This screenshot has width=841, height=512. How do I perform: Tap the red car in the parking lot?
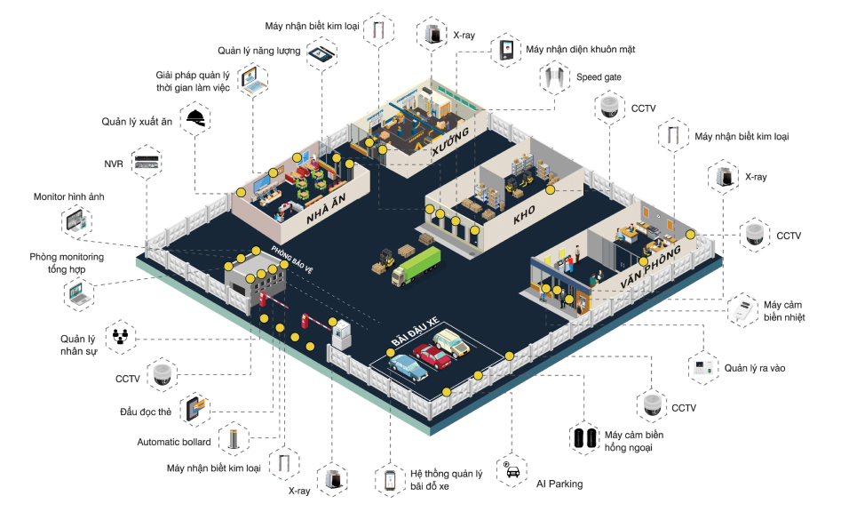[432, 356]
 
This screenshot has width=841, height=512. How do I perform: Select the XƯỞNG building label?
[450, 140]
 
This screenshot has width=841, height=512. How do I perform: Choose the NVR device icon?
[147, 164]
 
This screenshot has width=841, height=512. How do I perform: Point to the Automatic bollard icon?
[234, 437]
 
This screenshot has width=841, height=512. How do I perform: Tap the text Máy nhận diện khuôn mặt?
[580, 49]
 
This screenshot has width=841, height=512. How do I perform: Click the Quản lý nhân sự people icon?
[120, 338]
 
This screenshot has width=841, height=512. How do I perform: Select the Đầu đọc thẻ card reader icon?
[195, 409]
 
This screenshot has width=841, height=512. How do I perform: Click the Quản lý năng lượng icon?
[321, 52]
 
